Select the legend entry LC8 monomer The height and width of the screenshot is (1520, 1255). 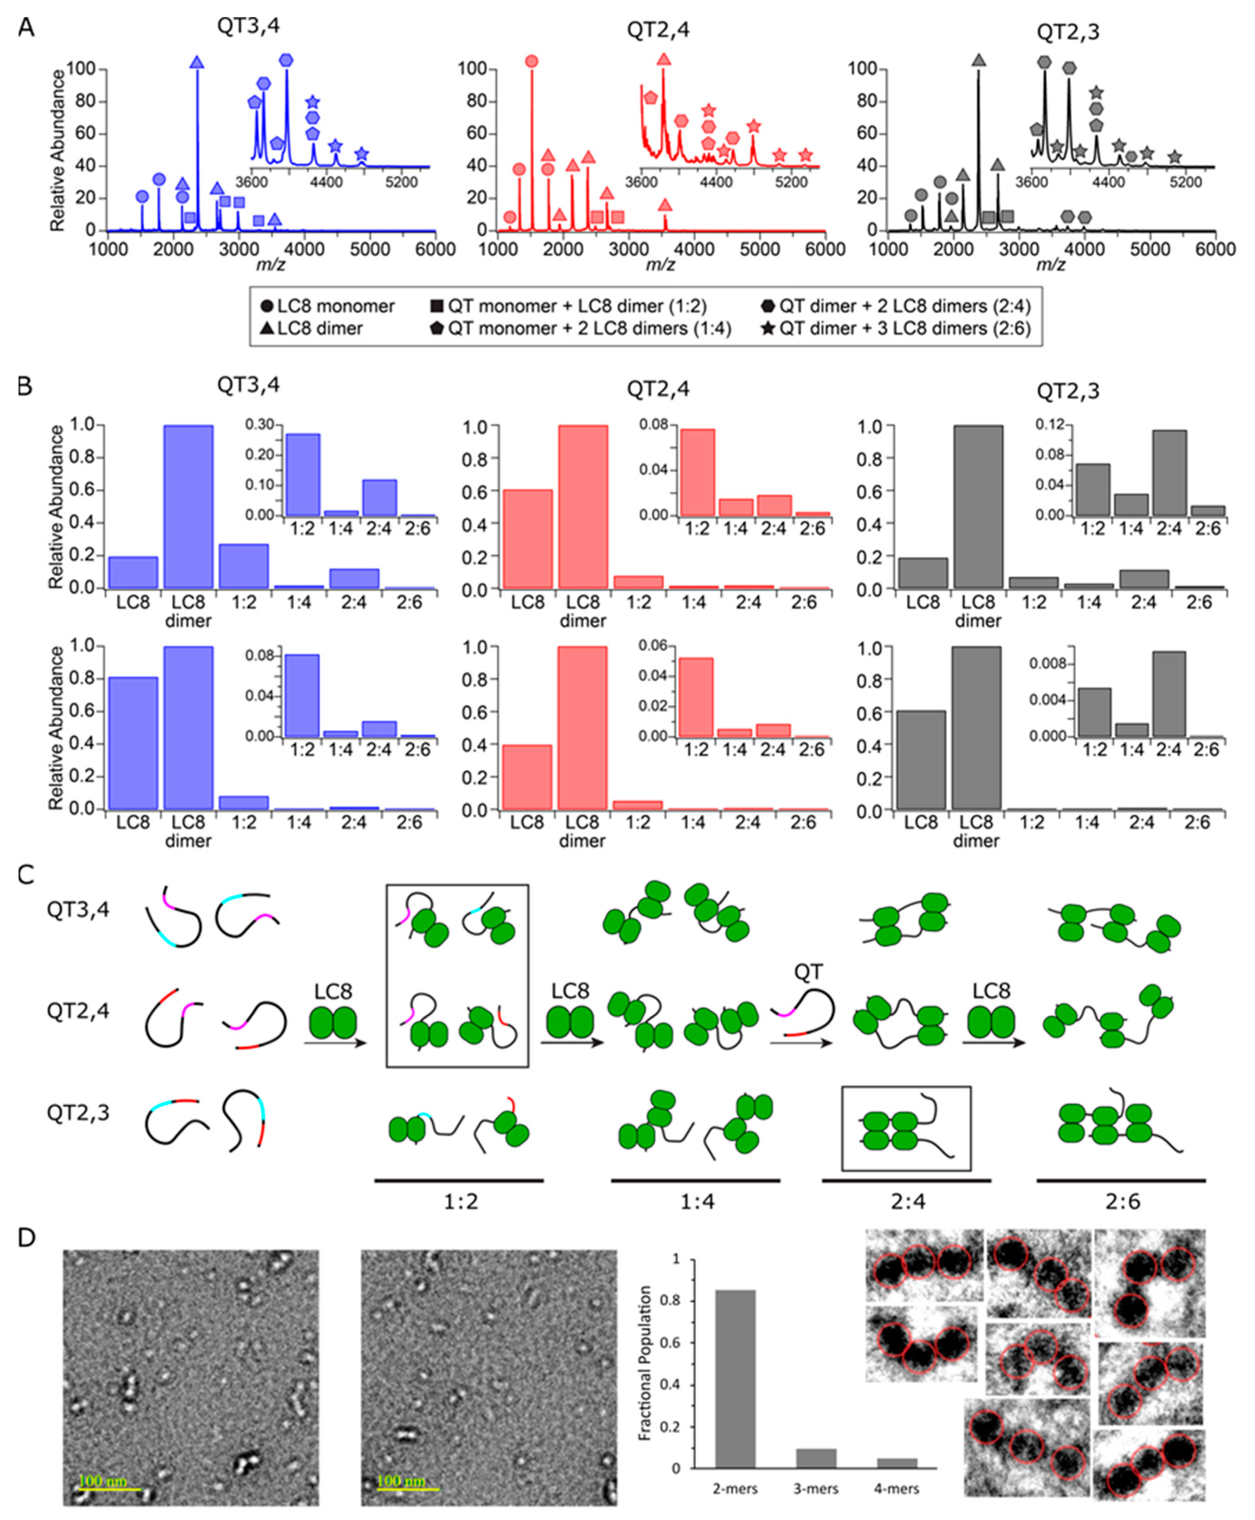[327, 306]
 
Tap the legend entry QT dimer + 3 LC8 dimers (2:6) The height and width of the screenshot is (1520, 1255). [896, 329]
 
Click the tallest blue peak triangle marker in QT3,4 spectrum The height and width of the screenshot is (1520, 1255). [197, 63]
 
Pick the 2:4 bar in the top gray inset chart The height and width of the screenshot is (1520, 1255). [1169, 473]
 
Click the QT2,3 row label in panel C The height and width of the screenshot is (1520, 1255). [78, 1112]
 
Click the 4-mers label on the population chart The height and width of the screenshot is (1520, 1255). [897, 1489]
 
